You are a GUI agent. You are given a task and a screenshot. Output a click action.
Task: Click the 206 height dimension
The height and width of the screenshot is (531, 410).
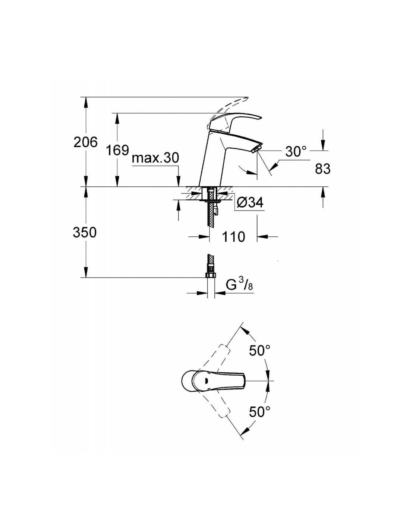[x=85, y=142]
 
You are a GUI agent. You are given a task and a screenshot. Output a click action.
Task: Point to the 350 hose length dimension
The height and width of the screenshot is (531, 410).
[x=85, y=232]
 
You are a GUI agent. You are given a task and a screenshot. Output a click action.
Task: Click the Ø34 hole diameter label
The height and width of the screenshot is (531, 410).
[x=250, y=202]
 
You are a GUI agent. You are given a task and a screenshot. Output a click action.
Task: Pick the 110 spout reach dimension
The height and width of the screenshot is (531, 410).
[x=233, y=236]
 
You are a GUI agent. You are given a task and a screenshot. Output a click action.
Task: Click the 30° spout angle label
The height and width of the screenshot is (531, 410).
[x=296, y=152]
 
